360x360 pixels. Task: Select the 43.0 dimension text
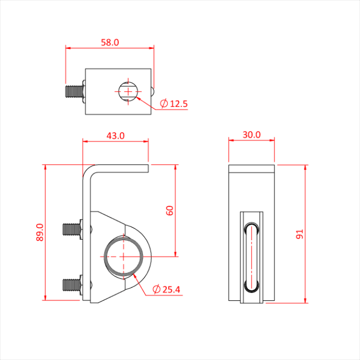pyautogui.click(x=115, y=136)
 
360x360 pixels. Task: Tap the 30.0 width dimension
pyautogui.click(x=251, y=135)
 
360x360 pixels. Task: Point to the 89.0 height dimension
pyautogui.click(x=40, y=232)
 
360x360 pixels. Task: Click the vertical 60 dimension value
pyautogui.click(x=170, y=210)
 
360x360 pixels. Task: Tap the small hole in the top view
pyautogui.click(x=127, y=92)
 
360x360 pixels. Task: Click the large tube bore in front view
pyautogui.click(x=124, y=256)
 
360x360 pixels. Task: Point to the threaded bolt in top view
pyautogui.click(x=75, y=92)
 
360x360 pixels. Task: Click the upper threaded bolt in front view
pyautogui.click(x=72, y=229)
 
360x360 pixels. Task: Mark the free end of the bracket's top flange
pyautogui.click(x=148, y=168)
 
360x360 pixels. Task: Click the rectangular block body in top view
pyautogui.click(x=103, y=93)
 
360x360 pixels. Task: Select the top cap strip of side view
pyautogui.click(x=251, y=169)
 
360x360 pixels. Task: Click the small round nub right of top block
pyautogui.click(x=153, y=91)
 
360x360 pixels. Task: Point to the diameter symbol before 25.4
pyautogui.click(x=156, y=290)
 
